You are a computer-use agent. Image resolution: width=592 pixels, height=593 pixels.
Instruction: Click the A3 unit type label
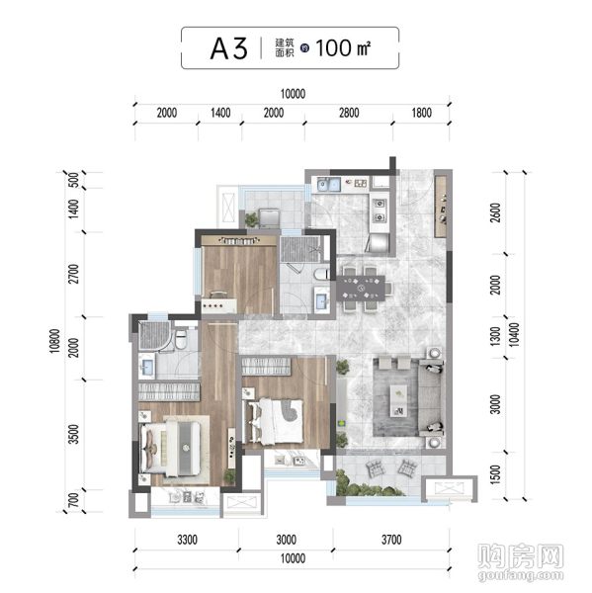pos(229,48)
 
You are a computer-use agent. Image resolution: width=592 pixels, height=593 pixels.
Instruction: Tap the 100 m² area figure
pos(343,48)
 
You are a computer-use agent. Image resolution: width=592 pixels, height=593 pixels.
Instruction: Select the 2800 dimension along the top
pos(349,113)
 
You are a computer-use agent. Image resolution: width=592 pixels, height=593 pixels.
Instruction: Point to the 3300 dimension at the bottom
pos(187,540)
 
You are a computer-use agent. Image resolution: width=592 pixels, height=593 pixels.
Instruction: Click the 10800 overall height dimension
pos(54,341)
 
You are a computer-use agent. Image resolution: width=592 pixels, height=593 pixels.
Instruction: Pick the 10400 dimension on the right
pos(514,335)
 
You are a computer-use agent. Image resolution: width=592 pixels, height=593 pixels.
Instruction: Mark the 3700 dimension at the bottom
pos(391,540)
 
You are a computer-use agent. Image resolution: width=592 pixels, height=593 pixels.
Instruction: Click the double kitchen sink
pos(329,185)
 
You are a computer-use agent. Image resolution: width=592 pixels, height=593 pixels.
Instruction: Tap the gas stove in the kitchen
pos(380,211)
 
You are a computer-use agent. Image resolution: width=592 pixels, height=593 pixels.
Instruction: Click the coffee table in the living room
pos(398,401)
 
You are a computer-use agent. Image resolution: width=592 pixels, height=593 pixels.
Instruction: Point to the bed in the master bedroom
pos(171,448)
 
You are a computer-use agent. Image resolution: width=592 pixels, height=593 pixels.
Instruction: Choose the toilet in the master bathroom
pos(182,339)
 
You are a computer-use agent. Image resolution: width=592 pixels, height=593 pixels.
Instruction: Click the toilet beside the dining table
pos(322,274)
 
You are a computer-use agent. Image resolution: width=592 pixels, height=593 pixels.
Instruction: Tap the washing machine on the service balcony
pos(270,218)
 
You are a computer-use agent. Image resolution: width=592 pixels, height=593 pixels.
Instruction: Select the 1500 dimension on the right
pos(495,474)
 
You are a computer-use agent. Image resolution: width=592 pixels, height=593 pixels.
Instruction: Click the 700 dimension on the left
pos(74,500)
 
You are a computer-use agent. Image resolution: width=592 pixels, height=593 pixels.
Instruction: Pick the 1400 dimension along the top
pos(220,113)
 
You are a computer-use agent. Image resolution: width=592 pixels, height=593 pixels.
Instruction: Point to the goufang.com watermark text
pos(521,575)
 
